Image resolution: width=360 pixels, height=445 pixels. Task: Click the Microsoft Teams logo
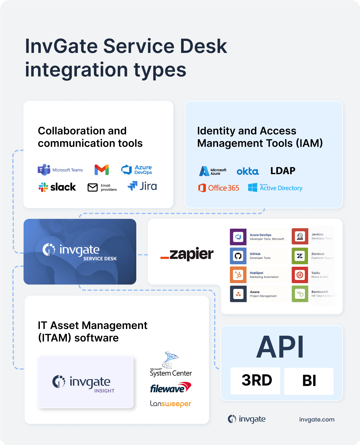coord(60,170)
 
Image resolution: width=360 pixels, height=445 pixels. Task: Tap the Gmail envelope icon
coord(102,170)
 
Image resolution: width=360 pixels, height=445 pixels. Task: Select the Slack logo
coord(57,187)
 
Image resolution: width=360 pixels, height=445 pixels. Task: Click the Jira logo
coord(142,186)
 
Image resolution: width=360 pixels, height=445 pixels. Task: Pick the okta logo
coord(248,171)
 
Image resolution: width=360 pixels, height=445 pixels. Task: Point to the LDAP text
coord(283,171)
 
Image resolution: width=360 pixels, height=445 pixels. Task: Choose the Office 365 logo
coord(219,188)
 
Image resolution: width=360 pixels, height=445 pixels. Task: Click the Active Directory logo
coord(275,188)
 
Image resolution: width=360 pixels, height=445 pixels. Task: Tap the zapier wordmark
coord(187,254)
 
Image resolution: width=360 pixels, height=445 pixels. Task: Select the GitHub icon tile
coord(238,256)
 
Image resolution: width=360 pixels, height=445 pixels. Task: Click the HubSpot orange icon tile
coord(238,275)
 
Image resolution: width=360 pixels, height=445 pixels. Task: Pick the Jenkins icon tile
coord(300,236)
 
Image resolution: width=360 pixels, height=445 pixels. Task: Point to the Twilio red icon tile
coord(300,275)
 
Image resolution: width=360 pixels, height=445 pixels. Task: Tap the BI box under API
coord(309,381)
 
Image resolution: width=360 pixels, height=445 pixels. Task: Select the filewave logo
coord(170,388)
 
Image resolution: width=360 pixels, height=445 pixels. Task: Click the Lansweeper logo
coord(170,404)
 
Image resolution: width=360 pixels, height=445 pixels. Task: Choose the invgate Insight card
coord(86,382)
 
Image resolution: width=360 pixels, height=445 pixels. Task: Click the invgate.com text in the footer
coord(317,420)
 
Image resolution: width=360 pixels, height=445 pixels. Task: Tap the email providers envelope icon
coord(93,188)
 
